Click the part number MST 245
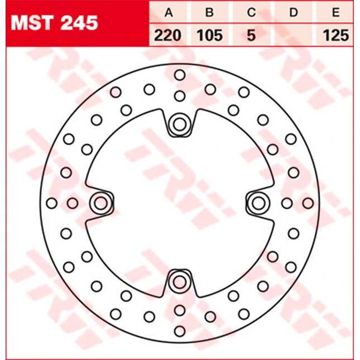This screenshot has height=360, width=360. pos(54,23)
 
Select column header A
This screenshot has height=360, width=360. pos(169,12)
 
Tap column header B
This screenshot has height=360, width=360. pos(210,12)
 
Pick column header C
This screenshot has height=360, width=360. pos(251,12)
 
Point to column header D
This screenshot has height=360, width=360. pos(294,12)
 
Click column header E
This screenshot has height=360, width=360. pos(336,12)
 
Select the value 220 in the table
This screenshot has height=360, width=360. pos(168,36)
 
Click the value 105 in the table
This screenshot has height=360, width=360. pos(210,36)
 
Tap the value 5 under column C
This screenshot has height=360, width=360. pos(251,36)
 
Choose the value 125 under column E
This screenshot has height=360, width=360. pos(336,36)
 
